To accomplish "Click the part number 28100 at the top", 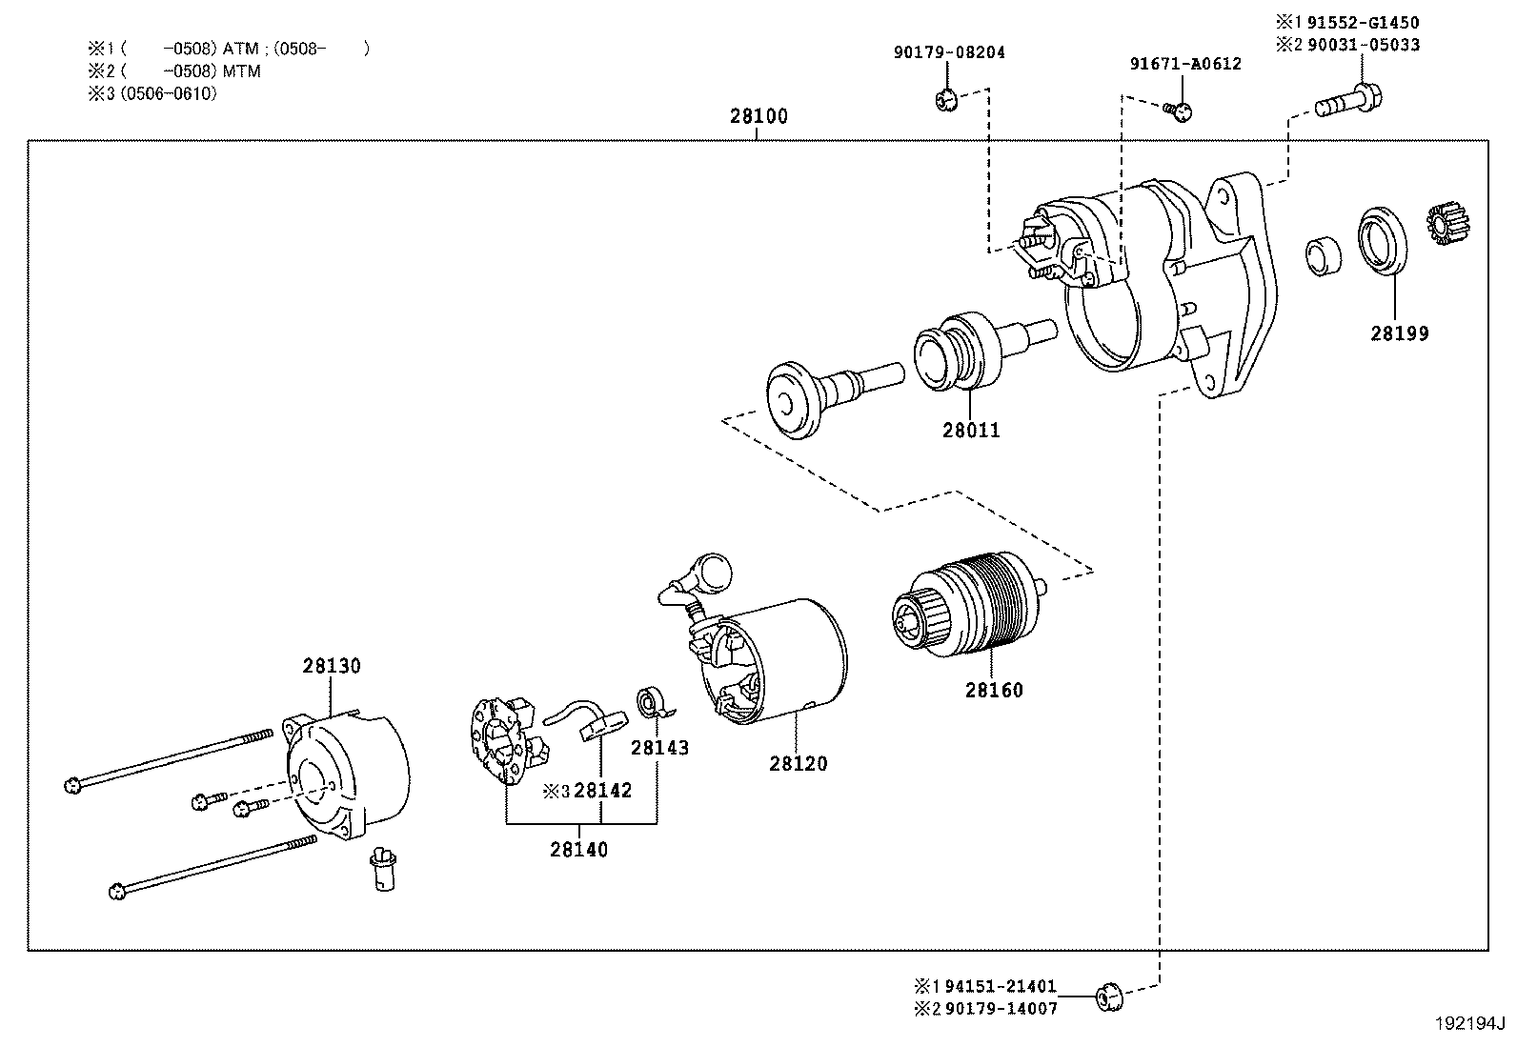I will point(758,116).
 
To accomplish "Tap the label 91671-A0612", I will point(1184,64).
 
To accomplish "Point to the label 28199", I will point(1399,333).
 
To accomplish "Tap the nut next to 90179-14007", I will point(1107,997).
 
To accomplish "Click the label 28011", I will point(971,431).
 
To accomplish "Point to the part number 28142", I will point(602,790).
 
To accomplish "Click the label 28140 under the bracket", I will point(578,849).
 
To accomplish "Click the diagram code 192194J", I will point(1469,1026).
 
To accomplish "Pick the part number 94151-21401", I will point(1001,987).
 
